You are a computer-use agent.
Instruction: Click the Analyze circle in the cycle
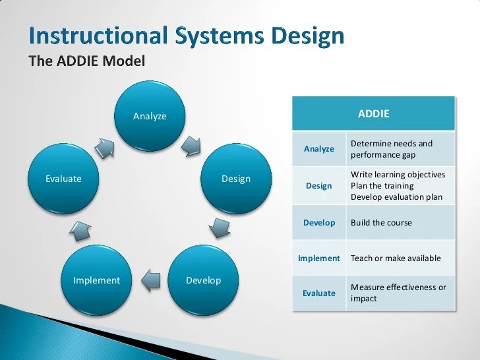150,117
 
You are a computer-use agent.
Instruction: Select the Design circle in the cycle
235,179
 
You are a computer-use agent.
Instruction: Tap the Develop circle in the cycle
203,280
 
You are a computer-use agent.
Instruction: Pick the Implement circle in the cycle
96,280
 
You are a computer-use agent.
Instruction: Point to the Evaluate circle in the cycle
63,179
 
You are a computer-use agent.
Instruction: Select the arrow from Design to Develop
218,227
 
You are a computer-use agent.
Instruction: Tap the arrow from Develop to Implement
151,280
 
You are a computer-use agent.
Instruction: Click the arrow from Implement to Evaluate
80,229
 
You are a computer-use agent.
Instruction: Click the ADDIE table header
373,113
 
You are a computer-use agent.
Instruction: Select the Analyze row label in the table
319,149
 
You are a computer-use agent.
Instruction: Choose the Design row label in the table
319,186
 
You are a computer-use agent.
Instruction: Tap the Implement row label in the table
319,258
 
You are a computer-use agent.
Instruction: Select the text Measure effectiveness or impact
398,293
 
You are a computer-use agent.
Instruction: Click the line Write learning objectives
398,175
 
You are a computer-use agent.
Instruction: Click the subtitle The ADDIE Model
86,61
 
